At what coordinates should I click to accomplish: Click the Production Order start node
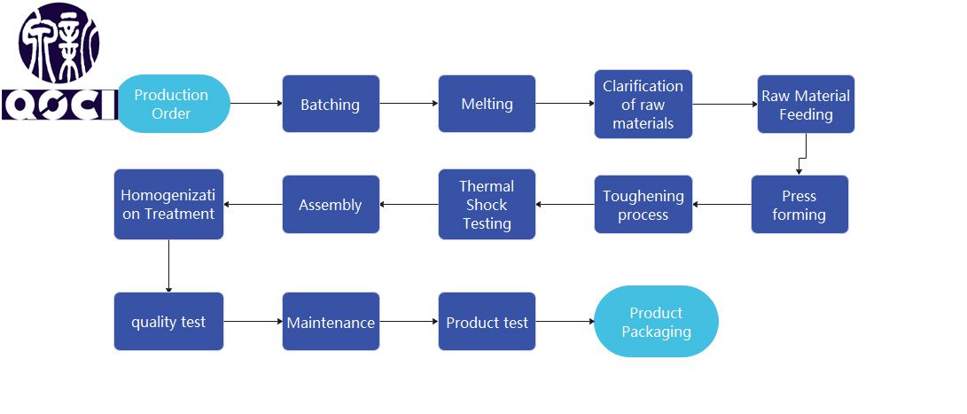[173, 104]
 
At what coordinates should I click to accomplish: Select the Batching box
[331, 104]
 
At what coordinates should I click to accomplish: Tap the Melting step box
[487, 104]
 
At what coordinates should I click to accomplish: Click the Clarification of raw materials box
[643, 104]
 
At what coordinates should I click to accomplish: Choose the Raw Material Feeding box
[806, 104]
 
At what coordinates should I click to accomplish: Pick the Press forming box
[799, 205]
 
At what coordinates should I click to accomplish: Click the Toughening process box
[643, 205]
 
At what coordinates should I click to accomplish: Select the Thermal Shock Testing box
[487, 205]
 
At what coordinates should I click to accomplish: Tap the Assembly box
[331, 205]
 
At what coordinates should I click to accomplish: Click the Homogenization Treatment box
[168, 205]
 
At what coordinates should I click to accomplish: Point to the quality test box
[168, 322]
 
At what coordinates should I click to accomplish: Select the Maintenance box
[331, 322]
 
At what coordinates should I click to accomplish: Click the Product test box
[487, 322]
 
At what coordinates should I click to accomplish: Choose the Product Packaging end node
[656, 322]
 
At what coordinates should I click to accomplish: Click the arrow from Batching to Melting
[409, 104]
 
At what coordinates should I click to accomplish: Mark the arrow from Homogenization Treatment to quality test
[168, 266]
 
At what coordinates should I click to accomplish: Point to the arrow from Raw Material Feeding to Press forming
[801, 158]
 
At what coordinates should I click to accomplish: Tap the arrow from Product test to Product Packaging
[565, 322]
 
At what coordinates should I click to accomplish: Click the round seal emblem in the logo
[59, 42]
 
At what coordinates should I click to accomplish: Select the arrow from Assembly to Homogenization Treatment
[253, 205]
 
